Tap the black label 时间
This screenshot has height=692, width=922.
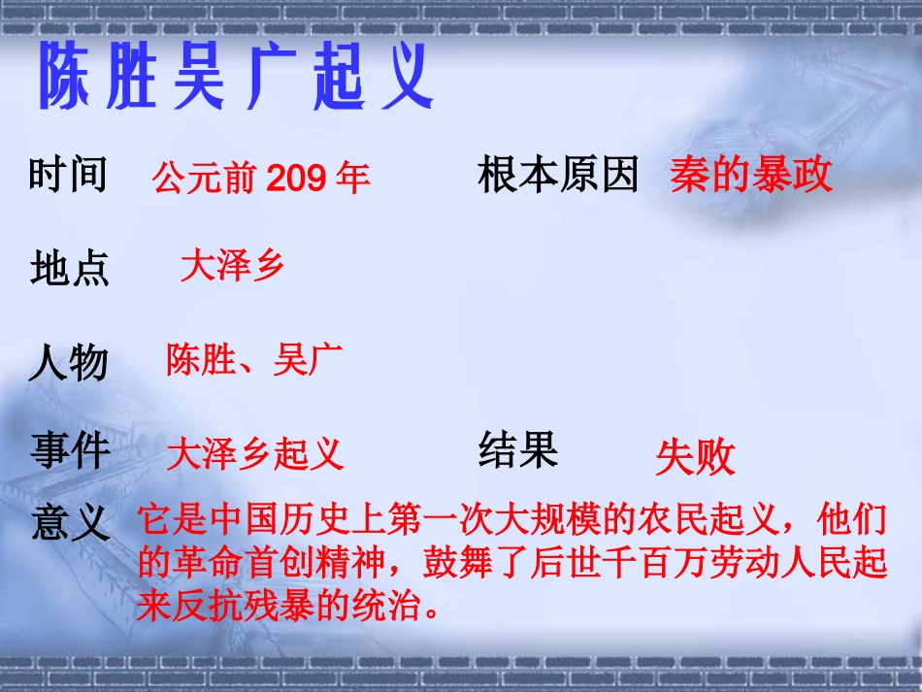pos(68,176)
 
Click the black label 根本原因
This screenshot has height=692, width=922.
pos(558,176)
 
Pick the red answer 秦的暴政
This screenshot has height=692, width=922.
pos(750,176)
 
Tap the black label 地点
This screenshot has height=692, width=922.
pos(70,269)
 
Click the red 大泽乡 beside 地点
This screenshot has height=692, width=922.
pos(232,265)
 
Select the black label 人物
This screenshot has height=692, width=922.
pos(68,365)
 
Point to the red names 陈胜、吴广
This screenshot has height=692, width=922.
pos(254,360)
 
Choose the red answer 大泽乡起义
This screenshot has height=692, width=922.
pos(255,453)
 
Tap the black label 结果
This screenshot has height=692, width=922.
pos(518,450)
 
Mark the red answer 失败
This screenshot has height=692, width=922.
pos(695,458)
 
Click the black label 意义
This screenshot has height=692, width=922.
pos(70,523)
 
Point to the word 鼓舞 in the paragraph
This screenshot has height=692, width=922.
pos(459,565)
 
